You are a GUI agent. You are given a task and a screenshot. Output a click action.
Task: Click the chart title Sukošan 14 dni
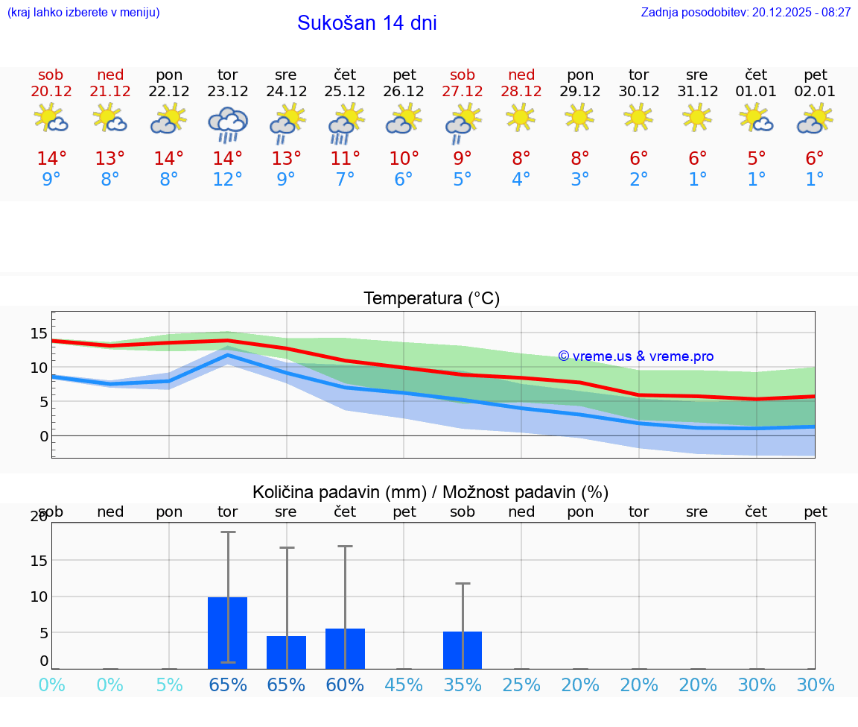[x=366, y=23]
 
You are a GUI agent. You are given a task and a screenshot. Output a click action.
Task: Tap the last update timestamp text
[x=746, y=13]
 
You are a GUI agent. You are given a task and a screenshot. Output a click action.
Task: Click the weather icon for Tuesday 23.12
[x=227, y=124]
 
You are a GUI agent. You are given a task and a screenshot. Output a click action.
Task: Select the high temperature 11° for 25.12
[x=345, y=159]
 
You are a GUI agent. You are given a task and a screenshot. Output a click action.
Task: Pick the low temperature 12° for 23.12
[x=227, y=180]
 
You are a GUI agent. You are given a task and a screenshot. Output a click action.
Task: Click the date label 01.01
[x=756, y=92]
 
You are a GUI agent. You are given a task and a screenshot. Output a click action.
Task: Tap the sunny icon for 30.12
[x=638, y=118]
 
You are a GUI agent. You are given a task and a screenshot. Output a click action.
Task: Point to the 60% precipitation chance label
[x=345, y=685]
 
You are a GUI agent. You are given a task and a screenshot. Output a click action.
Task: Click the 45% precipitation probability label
[x=404, y=685]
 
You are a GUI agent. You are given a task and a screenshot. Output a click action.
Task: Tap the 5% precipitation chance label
[x=169, y=685]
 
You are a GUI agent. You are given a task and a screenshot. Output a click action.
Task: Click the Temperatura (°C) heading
[x=431, y=299]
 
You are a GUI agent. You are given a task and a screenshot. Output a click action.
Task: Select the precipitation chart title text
[x=430, y=492]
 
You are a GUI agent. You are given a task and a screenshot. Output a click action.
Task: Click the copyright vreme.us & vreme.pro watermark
[x=635, y=356]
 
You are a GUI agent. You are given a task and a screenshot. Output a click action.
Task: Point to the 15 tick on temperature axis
[x=39, y=333]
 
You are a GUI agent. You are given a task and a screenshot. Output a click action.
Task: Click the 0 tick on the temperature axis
[x=43, y=436]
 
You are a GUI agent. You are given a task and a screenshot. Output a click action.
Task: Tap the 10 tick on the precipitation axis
[x=39, y=597]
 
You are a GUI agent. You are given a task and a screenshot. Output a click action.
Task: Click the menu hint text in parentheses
[x=83, y=13]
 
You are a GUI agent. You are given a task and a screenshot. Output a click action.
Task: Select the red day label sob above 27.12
[x=463, y=75]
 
